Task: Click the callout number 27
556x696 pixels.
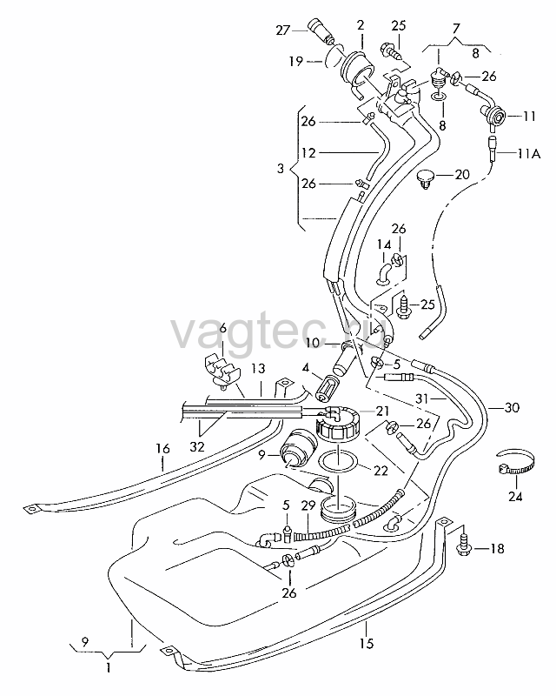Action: coord(282,30)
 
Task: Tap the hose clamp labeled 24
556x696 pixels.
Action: coord(515,465)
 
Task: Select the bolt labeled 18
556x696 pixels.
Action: coord(464,545)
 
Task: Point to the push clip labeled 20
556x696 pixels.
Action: coord(427,179)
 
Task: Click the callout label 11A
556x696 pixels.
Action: coord(528,154)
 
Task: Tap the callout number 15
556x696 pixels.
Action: coord(367,643)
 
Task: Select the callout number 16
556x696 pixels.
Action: coord(162,449)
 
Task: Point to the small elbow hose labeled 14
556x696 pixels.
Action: coord(384,271)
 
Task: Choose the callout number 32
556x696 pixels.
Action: coord(197,446)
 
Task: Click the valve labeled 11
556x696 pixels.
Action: coord(495,116)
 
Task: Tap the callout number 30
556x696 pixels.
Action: coord(512,407)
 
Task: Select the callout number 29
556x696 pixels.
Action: coord(308,505)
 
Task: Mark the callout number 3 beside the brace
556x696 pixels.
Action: coord(280,169)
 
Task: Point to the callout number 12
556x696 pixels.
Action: coord(308,153)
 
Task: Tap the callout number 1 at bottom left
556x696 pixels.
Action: coord(109,667)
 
